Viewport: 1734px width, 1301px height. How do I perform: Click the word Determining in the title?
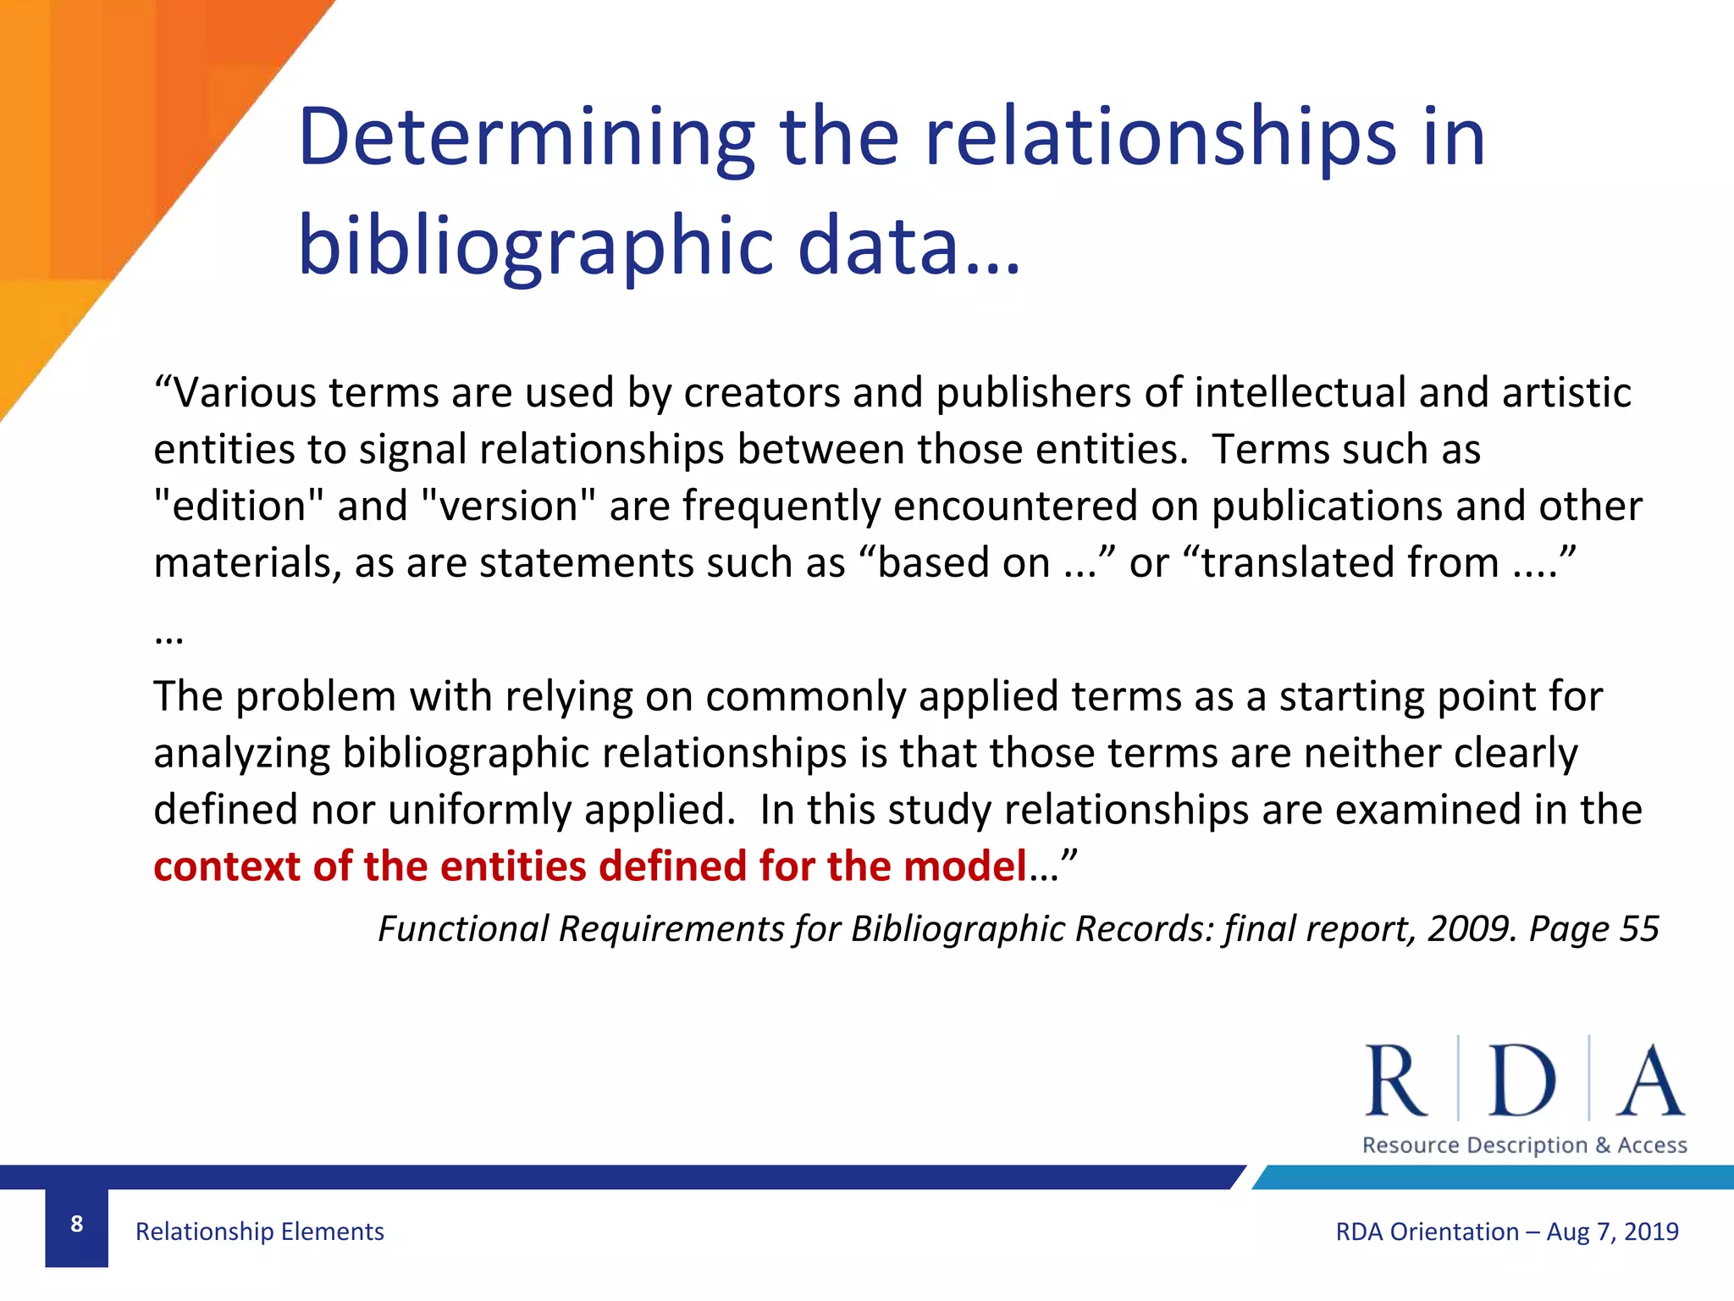(x=526, y=137)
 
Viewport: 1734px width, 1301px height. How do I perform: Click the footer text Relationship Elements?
(x=259, y=1232)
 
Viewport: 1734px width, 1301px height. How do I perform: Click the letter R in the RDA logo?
(x=1395, y=1081)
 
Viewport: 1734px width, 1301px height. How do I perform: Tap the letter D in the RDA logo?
(x=1522, y=1081)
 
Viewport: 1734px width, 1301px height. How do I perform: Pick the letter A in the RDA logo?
(x=1649, y=1081)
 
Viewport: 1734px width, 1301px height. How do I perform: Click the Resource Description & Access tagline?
(x=1524, y=1145)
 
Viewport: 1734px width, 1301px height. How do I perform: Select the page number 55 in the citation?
(x=1638, y=929)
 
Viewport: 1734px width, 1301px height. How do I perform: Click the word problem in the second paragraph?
(x=316, y=697)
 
